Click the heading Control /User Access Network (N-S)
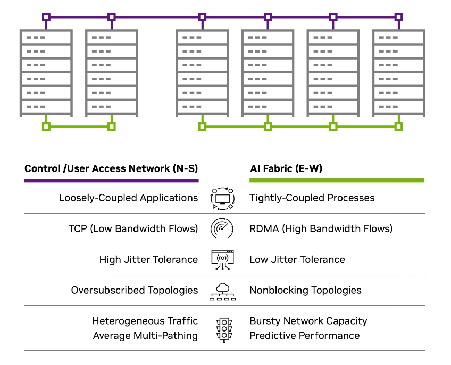pyautogui.click(x=111, y=168)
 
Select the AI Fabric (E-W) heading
pyautogui.click(x=286, y=168)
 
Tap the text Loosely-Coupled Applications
pyautogui.click(x=128, y=198)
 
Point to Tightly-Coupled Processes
pyautogui.click(x=312, y=198)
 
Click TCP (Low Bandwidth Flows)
pyautogui.click(x=133, y=229)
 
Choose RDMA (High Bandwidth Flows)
pyautogui.click(x=321, y=229)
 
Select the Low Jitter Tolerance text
pyautogui.click(x=297, y=260)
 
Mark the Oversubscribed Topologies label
pyautogui.click(x=135, y=291)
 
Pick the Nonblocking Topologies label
pyautogui.click(x=305, y=291)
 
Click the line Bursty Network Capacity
pyautogui.click(x=308, y=321)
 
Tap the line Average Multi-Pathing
pyautogui.click(x=145, y=336)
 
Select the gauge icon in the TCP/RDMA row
pyautogui.click(x=222, y=228)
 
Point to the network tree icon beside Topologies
pyautogui.click(x=222, y=291)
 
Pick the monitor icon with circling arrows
pyautogui.click(x=222, y=198)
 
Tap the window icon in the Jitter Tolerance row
pyautogui.click(x=222, y=260)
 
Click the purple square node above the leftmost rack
pyautogui.click(x=46, y=18)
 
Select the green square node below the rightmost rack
pyautogui.click(x=398, y=126)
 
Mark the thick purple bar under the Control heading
pyautogui.click(x=111, y=181)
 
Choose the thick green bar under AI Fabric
pyautogui.click(x=337, y=181)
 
